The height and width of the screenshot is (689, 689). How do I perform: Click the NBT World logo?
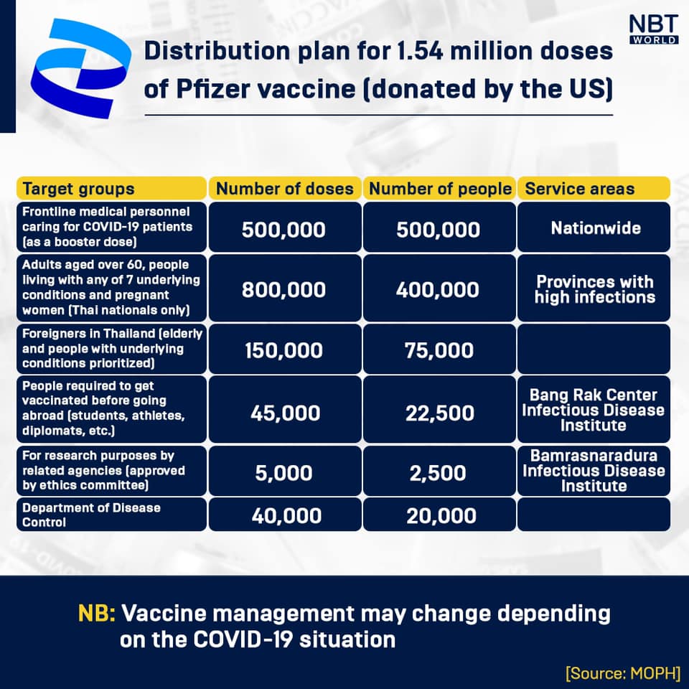(x=653, y=29)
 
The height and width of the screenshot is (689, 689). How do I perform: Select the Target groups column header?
(x=111, y=189)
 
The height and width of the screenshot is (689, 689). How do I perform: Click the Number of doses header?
(x=285, y=189)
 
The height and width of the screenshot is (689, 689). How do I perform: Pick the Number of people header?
(x=439, y=189)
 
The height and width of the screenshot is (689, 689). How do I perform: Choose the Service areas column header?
(x=594, y=189)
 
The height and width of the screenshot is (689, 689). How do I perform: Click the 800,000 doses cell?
(x=285, y=289)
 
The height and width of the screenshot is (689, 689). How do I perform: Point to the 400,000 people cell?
(x=439, y=289)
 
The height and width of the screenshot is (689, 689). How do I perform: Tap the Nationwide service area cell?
(x=594, y=228)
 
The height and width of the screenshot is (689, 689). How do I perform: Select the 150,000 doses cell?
(x=285, y=350)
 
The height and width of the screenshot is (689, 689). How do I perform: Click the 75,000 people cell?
(x=439, y=350)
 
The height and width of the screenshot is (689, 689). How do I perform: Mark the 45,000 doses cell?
(x=285, y=413)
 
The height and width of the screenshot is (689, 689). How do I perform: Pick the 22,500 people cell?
(x=439, y=413)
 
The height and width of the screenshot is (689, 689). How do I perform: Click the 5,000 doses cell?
(x=285, y=473)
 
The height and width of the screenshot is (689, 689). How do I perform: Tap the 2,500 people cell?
(x=439, y=473)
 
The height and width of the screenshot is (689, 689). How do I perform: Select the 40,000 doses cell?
(x=285, y=515)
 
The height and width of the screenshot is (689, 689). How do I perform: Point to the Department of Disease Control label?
(x=91, y=515)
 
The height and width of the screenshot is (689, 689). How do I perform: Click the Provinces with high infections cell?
(x=594, y=289)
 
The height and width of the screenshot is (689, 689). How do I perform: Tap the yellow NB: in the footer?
(x=96, y=614)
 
